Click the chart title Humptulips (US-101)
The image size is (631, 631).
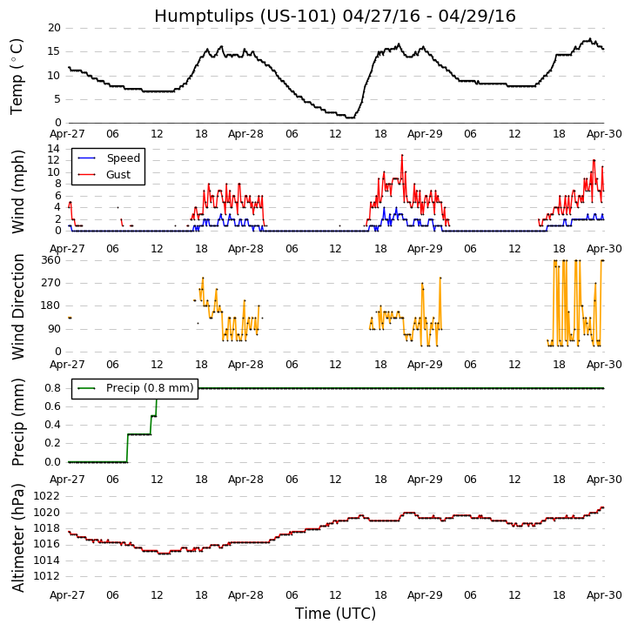tap(335, 17)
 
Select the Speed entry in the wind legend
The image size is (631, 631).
tap(123, 158)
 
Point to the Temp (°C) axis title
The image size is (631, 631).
tap(17, 76)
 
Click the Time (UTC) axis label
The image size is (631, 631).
tap(335, 614)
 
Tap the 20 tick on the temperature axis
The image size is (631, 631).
tap(54, 28)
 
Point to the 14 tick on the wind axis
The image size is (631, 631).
tap(54, 149)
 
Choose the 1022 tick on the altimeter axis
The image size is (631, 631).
tap(47, 496)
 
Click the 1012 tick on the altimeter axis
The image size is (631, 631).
tap(47, 576)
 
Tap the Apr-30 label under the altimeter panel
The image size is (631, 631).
tap(604, 595)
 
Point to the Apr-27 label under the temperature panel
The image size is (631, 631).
tap(68, 135)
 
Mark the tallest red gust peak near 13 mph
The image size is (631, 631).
tap(402, 156)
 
